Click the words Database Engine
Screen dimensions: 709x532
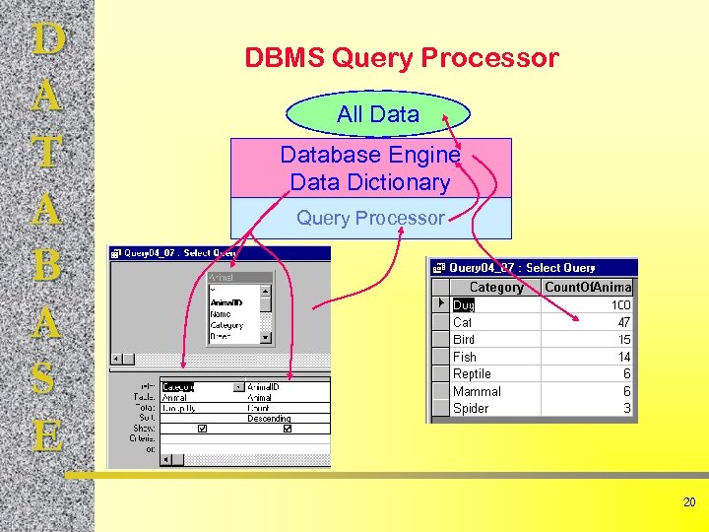[x=369, y=155]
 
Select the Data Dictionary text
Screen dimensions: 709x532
[x=369, y=182]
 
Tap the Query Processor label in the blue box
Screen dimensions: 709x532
[x=370, y=218]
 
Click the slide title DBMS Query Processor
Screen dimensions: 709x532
[x=401, y=58]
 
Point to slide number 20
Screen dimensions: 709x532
[x=689, y=502]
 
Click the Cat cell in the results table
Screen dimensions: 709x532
[x=463, y=322]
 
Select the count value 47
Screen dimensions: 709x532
[x=623, y=322]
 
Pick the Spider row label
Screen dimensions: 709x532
[x=471, y=408]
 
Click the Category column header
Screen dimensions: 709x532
[x=495, y=287]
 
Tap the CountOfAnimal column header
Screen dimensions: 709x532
[x=588, y=287]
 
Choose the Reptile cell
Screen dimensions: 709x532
[x=472, y=373]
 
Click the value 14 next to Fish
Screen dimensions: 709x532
[x=623, y=357]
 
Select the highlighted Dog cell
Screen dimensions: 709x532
[x=464, y=305]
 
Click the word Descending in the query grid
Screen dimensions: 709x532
[x=269, y=418]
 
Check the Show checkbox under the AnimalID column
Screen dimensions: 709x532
[x=287, y=430]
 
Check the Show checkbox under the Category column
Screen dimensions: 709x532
[x=202, y=430]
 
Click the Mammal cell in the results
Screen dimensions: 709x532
[x=477, y=391]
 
